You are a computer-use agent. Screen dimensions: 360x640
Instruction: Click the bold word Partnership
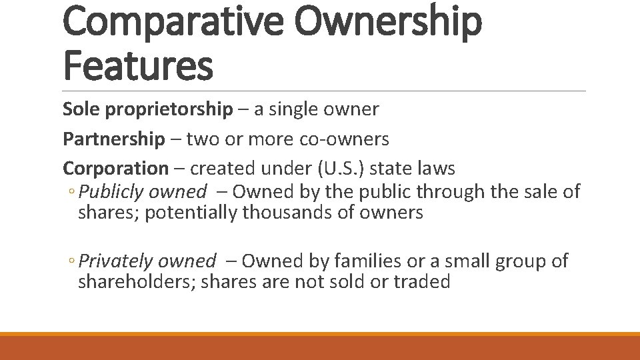point(113,139)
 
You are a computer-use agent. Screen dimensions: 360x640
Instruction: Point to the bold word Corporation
point(116,169)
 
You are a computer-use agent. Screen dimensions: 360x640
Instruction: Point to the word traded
point(421,282)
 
